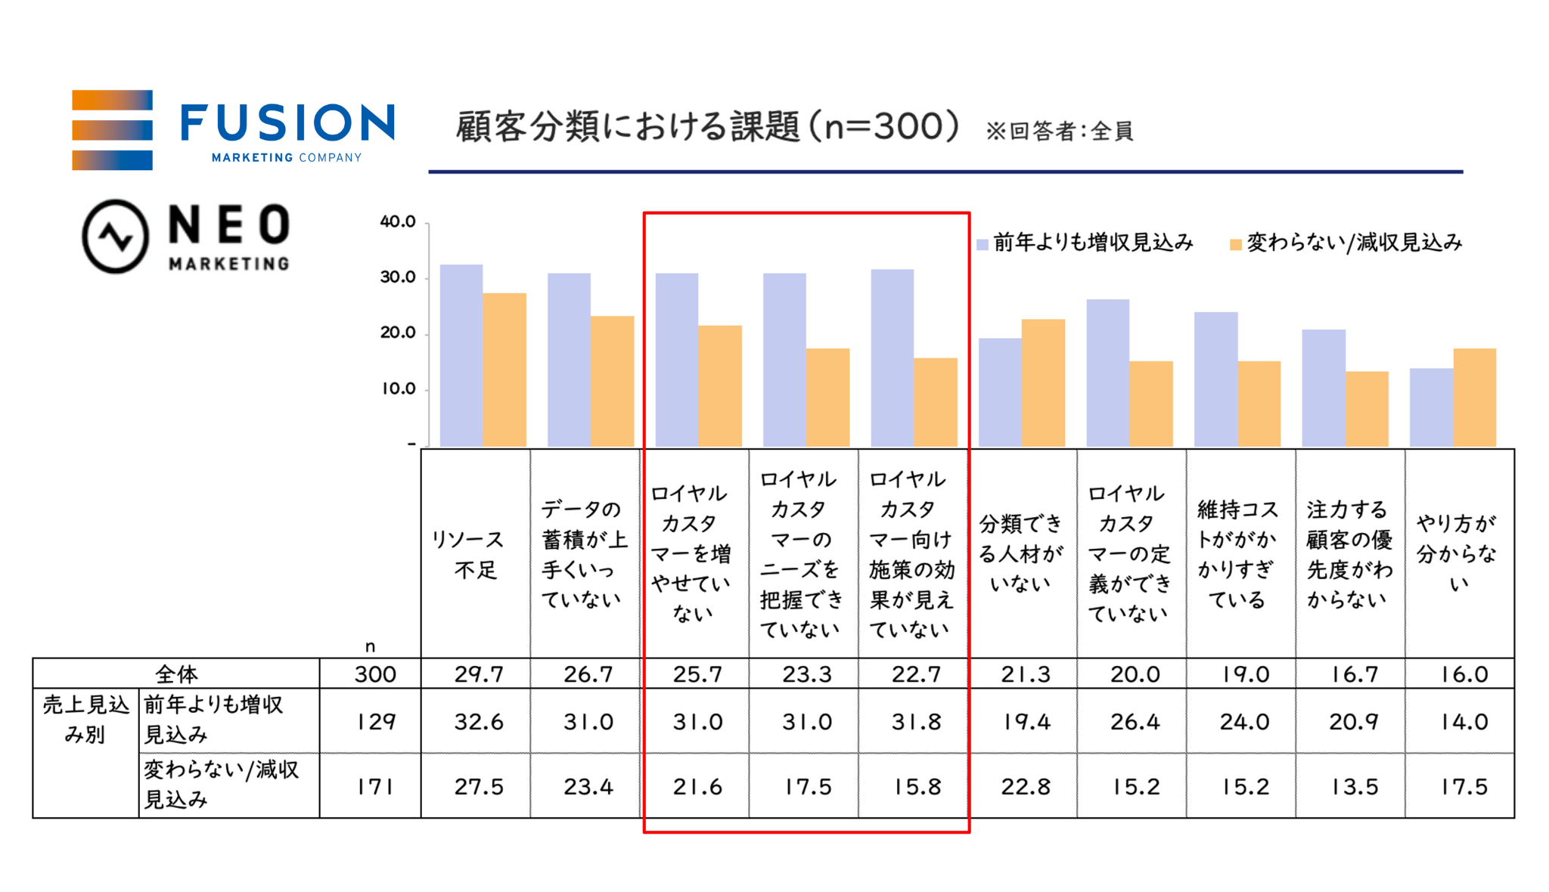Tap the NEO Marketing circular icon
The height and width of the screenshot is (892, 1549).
[x=115, y=237]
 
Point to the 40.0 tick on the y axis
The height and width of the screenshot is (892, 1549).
[x=398, y=221]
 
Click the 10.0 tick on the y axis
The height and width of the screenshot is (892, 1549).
[x=398, y=389]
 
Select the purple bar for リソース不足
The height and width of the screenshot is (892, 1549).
[x=461, y=355]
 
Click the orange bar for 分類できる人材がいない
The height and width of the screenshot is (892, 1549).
[x=1043, y=383]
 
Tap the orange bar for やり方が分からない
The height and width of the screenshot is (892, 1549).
[x=1474, y=397]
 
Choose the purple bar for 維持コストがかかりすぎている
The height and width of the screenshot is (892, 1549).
[x=1215, y=379]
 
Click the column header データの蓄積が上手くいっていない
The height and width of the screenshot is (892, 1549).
[x=585, y=554]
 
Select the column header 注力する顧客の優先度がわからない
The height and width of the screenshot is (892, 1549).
[x=1349, y=554]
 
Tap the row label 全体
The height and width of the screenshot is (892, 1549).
[x=176, y=674]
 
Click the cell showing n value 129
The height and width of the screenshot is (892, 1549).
[x=376, y=722]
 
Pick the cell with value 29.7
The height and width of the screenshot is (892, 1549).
[x=479, y=674]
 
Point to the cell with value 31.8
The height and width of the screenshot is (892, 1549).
[x=916, y=722]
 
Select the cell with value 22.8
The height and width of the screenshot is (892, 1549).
[x=1026, y=787]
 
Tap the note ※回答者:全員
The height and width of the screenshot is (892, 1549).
[x=1059, y=132]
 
